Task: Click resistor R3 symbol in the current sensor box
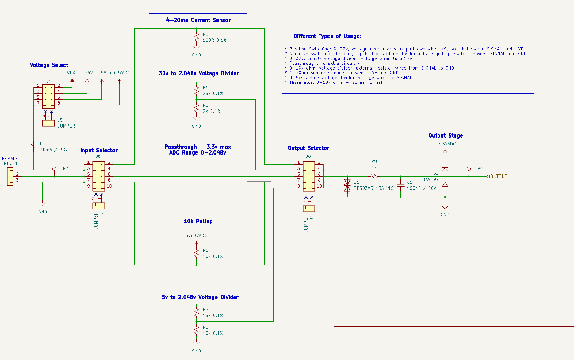click(x=197, y=37)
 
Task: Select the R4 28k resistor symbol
click(x=197, y=91)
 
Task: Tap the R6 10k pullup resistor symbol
click(x=197, y=254)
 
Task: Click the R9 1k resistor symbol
click(x=374, y=176)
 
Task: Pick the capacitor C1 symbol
click(x=400, y=185)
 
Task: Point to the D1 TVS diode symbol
click(x=347, y=185)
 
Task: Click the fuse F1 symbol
click(x=34, y=147)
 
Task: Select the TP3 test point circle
click(x=55, y=169)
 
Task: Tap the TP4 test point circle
click(x=469, y=169)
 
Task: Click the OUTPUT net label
click(x=498, y=176)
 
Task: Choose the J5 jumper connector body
click(x=48, y=123)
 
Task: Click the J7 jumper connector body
click(x=99, y=206)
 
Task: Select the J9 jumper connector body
click(x=309, y=209)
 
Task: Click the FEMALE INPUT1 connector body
click(x=10, y=176)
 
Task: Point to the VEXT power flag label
click(x=72, y=73)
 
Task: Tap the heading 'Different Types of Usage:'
click(x=327, y=36)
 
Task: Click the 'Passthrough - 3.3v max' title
click(x=198, y=147)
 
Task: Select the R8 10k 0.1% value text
click(x=213, y=333)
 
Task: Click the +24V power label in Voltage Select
click(x=87, y=73)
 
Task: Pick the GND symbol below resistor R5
click(x=197, y=119)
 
